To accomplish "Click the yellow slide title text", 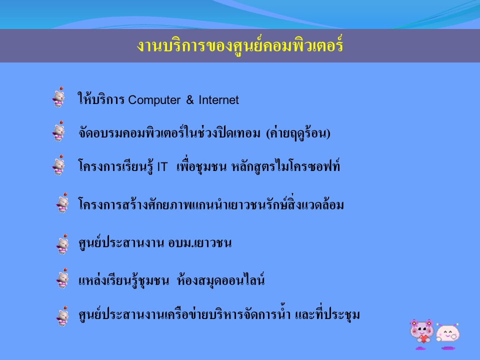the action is point(239,46).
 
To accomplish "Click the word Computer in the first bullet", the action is point(154,100).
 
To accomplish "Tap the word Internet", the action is point(218,100).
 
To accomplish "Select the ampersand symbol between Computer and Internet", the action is point(190,100).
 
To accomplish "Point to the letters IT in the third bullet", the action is point(162,167).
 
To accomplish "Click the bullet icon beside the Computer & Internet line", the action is point(58,97).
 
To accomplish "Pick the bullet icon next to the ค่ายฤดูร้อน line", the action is point(58,131).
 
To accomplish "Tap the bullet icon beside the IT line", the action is point(58,165).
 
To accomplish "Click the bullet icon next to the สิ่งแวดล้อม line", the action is point(62,203).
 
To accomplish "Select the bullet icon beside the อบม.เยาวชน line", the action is point(62,244).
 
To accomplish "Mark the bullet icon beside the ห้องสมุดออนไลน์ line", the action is point(62,278).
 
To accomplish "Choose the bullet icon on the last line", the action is point(62,316).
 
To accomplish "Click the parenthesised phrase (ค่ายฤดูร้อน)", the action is point(298,133).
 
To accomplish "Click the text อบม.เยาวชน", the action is point(200,243).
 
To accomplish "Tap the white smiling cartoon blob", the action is point(448,335).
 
